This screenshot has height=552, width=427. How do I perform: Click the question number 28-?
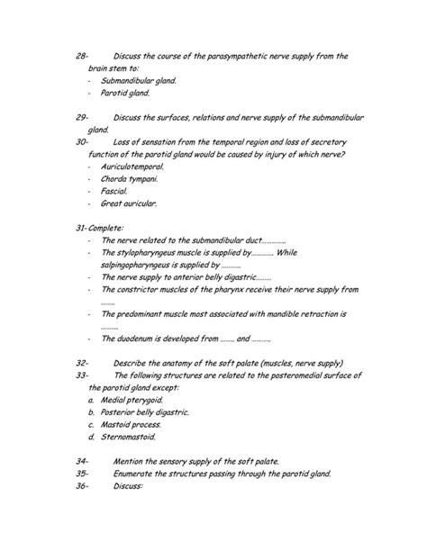click(82, 56)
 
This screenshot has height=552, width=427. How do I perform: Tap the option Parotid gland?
click(126, 93)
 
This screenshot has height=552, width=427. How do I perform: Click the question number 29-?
click(82, 117)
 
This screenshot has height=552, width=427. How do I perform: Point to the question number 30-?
click(82, 141)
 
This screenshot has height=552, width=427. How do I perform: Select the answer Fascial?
click(114, 191)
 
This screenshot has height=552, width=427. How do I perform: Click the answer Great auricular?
click(129, 204)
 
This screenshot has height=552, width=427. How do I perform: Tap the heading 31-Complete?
click(100, 228)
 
